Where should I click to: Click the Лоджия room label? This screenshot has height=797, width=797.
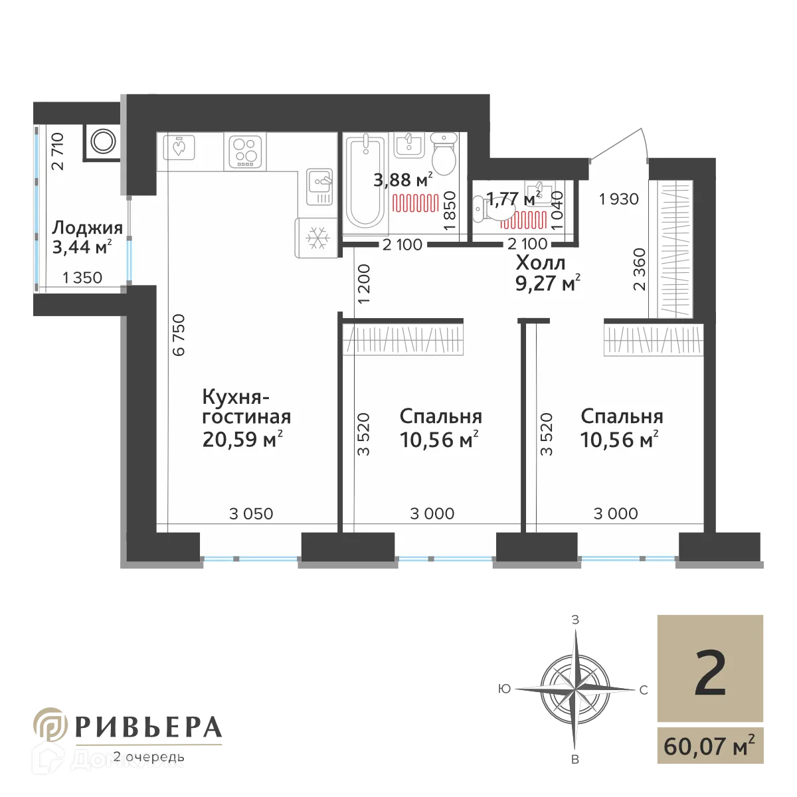tap(87, 228)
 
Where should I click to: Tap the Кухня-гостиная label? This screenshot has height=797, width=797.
tap(246, 407)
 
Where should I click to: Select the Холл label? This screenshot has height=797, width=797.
tap(541, 263)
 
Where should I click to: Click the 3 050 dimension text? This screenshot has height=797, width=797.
tap(251, 513)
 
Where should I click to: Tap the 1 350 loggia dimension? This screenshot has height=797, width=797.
tap(83, 278)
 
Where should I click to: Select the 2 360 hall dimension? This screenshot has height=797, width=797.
tap(640, 270)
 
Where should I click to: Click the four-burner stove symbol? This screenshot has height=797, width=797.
tap(246, 151)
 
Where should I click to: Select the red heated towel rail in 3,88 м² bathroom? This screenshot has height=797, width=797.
tap(416, 202)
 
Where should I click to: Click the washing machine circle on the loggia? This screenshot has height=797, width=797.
tap(102, 141)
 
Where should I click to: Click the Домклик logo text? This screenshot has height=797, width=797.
tap(126, 759)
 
